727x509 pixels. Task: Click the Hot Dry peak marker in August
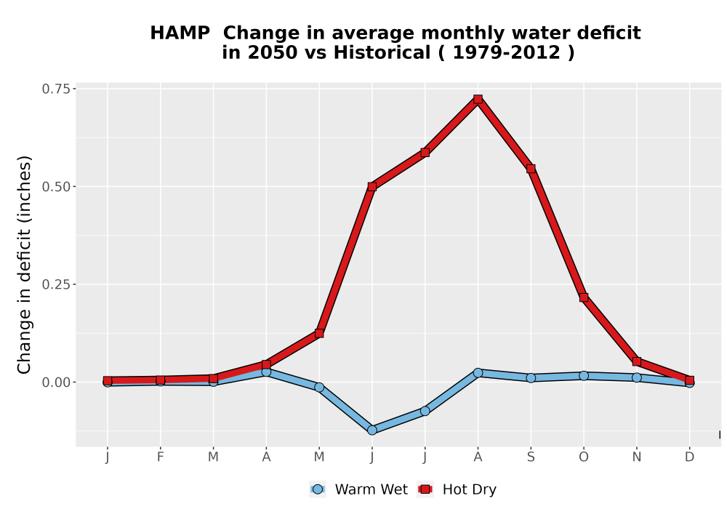point(478,99)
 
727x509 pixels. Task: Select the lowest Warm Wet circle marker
point(371,430)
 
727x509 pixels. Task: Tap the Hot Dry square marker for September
point(531,169)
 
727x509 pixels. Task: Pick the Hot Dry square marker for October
point(584,297)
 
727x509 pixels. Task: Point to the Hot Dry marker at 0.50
point(371,187)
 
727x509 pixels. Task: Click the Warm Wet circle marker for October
point(584,375)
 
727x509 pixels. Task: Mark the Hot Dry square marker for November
point(637,361)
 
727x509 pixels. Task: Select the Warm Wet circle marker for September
point(531,378)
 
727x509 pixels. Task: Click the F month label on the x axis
point(161,457)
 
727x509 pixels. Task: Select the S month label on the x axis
point(531,457)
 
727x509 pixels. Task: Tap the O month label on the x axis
point(584,457)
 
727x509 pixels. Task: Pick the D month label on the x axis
point(689,457)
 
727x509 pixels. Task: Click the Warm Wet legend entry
point(358,489)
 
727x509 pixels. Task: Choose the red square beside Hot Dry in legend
point(425,489)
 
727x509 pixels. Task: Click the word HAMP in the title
point(180,33)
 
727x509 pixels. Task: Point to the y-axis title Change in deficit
point(24,265)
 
